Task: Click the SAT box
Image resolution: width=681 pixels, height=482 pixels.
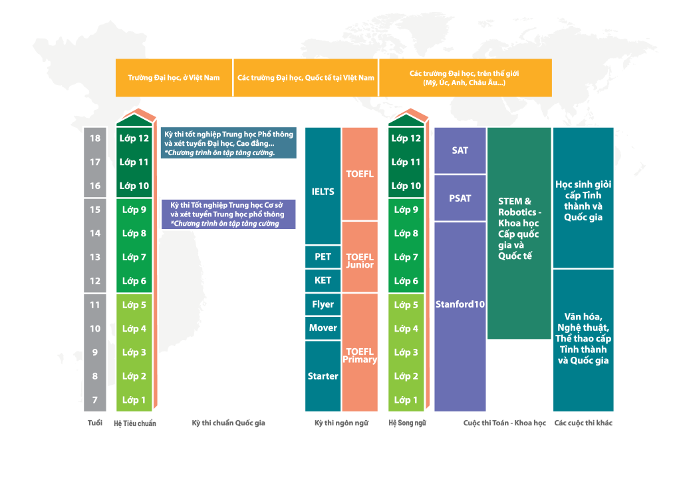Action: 460,150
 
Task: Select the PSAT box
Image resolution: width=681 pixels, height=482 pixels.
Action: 460,198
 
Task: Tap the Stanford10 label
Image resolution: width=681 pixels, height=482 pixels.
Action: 460,304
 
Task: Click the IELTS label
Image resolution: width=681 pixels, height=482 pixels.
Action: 323,192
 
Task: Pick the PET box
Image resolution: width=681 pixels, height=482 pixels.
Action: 323,257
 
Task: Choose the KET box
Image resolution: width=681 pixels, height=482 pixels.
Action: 323,280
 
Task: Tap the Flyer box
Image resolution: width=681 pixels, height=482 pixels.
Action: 323,304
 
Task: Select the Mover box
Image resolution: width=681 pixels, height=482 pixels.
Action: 323,328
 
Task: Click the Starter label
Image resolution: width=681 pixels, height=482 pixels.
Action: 323,376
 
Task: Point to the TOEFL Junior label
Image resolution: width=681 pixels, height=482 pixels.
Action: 360,261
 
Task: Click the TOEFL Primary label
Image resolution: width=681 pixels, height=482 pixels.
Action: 360,356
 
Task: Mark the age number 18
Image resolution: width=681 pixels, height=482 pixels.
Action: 95,138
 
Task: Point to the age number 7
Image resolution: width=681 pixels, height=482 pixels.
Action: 95,400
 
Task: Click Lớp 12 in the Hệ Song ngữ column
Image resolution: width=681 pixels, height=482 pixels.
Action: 406,138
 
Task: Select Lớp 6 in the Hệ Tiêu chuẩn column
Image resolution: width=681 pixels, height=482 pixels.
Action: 134,281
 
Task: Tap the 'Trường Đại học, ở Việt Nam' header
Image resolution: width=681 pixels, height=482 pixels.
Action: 174,78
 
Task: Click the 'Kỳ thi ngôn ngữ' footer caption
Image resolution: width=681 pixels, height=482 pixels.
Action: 341,423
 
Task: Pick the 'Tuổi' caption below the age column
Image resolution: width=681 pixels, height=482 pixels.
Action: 95,423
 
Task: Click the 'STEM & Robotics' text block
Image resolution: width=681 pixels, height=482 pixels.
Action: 519,228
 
